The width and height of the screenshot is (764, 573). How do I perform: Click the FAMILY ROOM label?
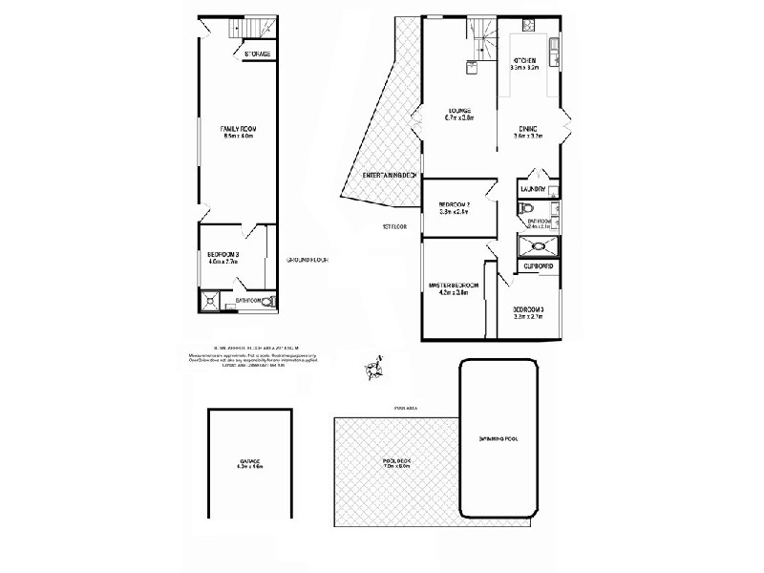(237, 128)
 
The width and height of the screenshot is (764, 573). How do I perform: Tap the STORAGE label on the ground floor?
(257, 54)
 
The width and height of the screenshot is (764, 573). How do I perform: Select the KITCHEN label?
(525, 60)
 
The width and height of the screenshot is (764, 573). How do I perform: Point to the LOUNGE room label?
(458, 111)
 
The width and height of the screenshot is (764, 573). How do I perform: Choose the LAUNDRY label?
(533, 189)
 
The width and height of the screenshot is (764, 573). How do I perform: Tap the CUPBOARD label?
(538, 265)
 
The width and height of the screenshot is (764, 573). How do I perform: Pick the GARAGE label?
(249, 462)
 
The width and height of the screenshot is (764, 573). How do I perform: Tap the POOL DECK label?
(395, 461)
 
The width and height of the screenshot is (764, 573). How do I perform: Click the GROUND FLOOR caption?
(308, 260)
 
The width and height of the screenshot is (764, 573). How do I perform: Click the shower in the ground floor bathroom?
(209, 301)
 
